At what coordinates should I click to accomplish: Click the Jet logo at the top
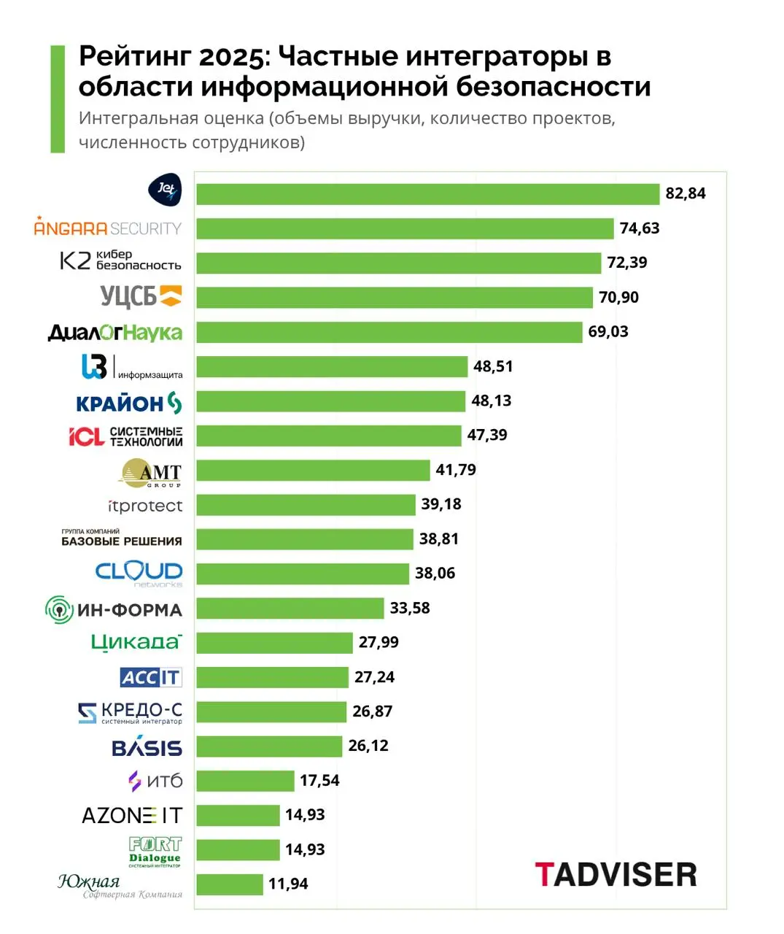point(165,191)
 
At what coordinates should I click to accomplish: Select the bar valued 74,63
point(405,228)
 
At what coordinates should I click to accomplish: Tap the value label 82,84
point(685,193)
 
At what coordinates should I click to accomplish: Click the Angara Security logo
point(108,228)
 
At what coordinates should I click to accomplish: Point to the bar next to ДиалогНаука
point(389,332)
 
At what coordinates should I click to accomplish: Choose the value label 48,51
point(493,366)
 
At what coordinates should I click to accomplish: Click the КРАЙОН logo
point(129,403)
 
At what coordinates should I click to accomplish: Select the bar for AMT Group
point(313,470)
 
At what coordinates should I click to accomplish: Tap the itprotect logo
point(145,506)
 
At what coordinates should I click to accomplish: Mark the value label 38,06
point(435,574)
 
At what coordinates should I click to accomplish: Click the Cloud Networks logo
point(139,573)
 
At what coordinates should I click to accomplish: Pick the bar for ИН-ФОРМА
point(290,608)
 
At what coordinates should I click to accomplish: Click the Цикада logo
point(136,642)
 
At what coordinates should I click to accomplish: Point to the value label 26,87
point(372,711)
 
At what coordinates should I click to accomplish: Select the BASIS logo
point(147,747)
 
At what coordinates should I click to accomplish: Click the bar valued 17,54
point(245,781)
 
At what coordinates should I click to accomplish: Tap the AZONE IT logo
point(132,815)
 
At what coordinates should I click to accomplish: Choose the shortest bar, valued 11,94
point(230,884)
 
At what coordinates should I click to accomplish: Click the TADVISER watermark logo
point(616,874)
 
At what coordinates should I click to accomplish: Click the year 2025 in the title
point(234,56)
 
